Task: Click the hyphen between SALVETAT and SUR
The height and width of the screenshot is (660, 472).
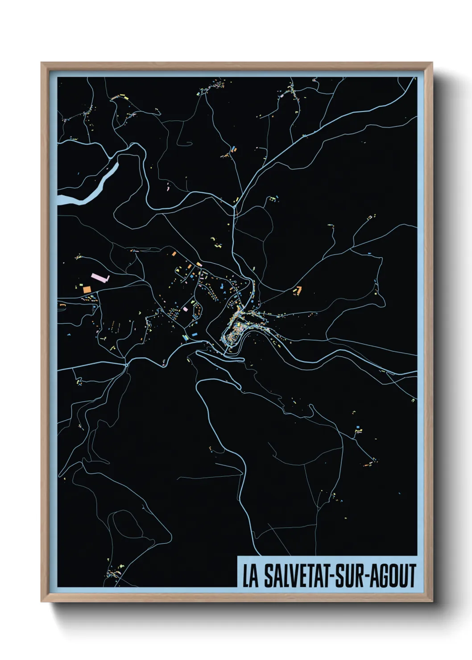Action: pos(331,577)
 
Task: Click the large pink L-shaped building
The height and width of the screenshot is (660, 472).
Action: pos(100,278)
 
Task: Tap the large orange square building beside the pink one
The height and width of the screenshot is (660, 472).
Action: pos(87,289)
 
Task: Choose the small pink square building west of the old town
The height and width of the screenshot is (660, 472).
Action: pos(186,309)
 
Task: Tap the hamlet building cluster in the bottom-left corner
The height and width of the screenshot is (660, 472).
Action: pos(115,572)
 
